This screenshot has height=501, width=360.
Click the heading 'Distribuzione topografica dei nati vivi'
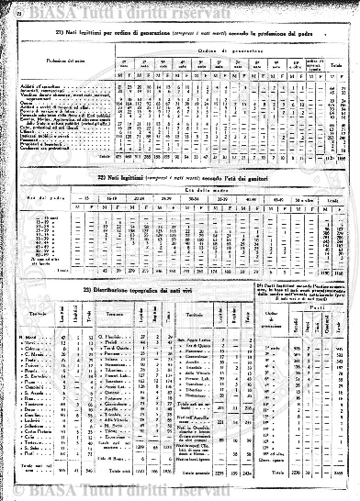click(x=136, y=290)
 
